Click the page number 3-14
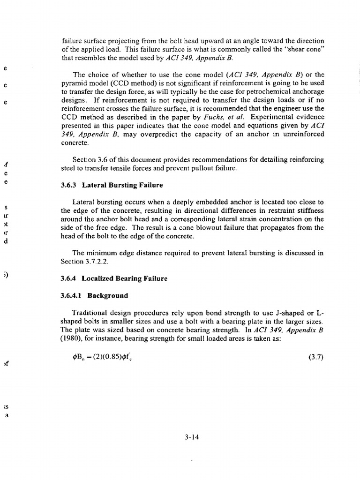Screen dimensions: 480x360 point(192,438)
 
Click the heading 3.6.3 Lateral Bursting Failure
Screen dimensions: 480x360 point(112,185)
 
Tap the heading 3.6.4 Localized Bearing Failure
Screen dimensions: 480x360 point(114,278)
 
